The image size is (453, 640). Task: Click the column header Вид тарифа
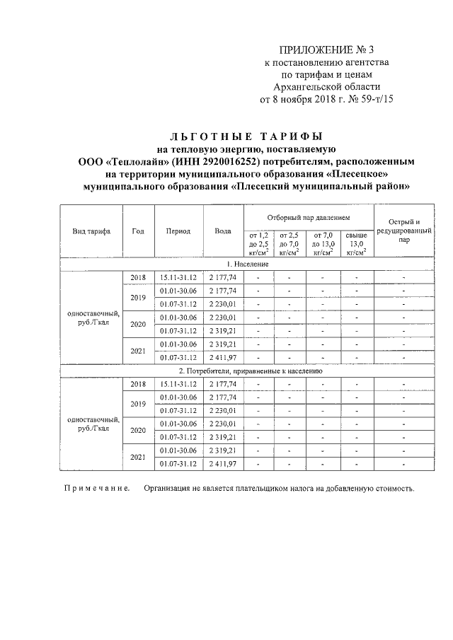point(91,231)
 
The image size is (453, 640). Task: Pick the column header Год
point(138,231)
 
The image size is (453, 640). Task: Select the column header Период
point(178,231)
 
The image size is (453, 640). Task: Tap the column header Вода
point(223,231)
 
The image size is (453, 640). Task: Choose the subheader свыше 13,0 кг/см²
point(357,243)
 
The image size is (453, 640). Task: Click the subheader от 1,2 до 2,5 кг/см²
point(258,243)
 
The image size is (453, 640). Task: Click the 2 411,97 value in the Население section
point(223,357)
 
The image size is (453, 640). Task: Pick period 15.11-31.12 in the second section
point(178,383)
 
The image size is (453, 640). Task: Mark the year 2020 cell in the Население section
point(138,324)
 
